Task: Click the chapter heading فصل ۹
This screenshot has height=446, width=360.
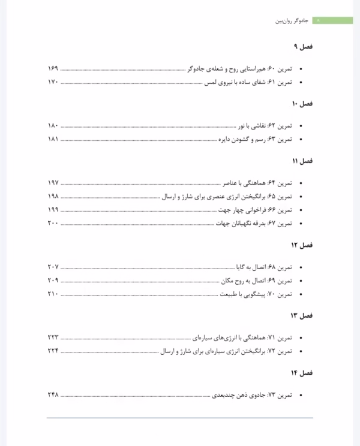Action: (x=304, y=47)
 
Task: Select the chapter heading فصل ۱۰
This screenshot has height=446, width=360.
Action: (x=302, y=104)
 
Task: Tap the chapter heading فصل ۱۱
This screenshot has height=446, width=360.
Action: (x=303, y=161)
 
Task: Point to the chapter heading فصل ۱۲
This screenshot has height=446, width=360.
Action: (x=302, y=245)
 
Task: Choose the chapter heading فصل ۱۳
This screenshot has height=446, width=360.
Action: (x=302, y=315)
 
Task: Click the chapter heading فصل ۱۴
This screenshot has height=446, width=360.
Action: (x=302, y=372)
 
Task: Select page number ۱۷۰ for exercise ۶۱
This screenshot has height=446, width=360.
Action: (x=52, y=82)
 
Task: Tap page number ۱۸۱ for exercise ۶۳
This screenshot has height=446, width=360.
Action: (x=52, y=139)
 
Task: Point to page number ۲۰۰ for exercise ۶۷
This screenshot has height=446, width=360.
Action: (x=52, y=224)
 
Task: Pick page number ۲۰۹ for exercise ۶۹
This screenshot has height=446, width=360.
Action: (x=52, y=281)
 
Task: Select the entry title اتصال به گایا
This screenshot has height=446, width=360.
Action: (x=248, y=267)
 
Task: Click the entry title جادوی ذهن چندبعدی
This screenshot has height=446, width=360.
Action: (x=230, y=395)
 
